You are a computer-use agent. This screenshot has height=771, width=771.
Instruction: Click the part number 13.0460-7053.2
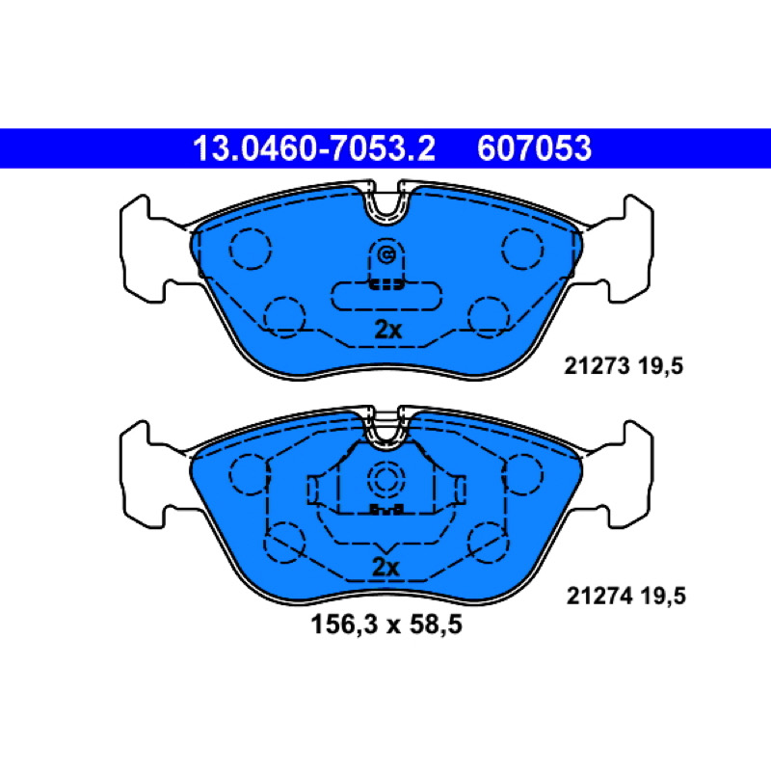point(314,148)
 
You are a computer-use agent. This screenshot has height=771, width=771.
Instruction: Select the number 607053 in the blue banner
point(534,148)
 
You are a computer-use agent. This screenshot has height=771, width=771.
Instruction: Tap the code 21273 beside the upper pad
point(597,366)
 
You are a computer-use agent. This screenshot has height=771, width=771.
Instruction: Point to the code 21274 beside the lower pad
point(598,596)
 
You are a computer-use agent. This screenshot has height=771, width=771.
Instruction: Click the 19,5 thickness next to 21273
point(660,367)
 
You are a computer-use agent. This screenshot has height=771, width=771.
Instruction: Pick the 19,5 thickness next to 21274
point(663,597)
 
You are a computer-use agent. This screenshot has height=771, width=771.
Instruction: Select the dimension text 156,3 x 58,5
point(386,625)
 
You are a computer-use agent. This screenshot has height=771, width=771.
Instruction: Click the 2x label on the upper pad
point(388,330)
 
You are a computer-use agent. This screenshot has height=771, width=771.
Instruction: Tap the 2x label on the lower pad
point(386,567)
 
